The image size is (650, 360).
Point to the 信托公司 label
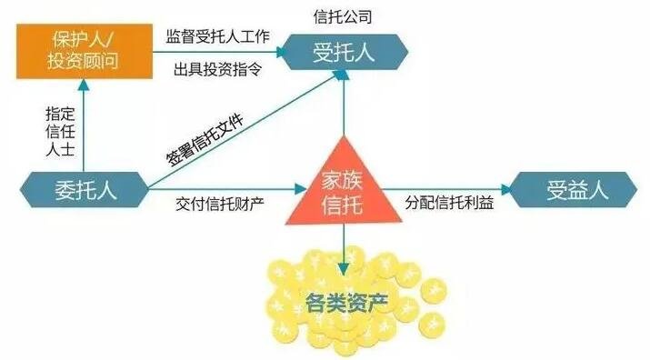tap(342, 16)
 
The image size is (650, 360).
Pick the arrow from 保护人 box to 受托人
tap(218, 53)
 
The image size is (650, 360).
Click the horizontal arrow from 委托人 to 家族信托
tap(227, 190)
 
